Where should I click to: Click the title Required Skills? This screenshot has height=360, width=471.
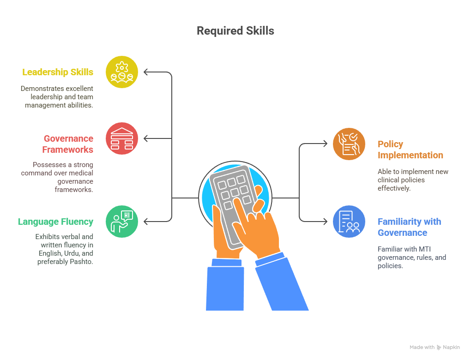coord(235,31)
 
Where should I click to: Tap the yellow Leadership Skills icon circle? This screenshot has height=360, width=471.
coord(121,72)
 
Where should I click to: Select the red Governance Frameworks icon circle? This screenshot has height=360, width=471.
coord(121,138)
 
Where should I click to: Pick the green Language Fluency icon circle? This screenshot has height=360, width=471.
coord(121,222)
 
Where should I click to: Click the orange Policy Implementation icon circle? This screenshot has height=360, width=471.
coord(349,144)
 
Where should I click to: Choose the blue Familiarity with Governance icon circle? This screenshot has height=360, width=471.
coord(349,222)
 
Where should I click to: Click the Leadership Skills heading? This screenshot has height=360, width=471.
coord(58,72)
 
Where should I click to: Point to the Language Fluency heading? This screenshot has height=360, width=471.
coord(55,222)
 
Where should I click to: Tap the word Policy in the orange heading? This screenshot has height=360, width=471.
coord(390,144)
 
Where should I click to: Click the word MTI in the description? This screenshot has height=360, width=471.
coord(425,249)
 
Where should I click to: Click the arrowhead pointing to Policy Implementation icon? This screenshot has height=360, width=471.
coord(325,144)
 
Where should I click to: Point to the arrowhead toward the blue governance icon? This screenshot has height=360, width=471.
coord(325,222)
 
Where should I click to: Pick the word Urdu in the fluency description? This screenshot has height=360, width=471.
coord(72,253)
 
